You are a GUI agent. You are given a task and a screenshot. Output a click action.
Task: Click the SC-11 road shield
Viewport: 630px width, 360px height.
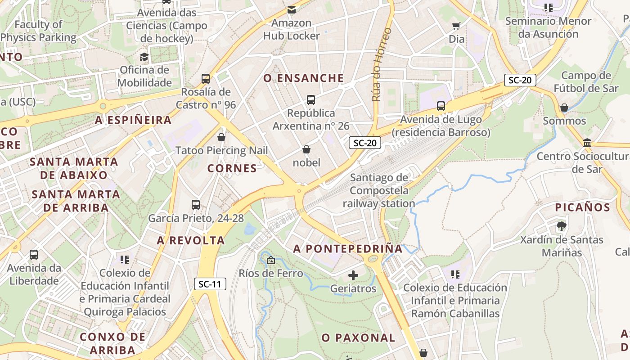click(x=210, y=284)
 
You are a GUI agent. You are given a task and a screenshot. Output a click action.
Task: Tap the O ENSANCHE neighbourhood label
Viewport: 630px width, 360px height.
click(x=304, y=78)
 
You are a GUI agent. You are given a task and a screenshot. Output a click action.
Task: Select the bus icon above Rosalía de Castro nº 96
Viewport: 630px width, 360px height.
click(x=206, y=79)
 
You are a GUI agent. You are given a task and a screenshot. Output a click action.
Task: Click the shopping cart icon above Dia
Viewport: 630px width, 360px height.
click(x=456, y=26)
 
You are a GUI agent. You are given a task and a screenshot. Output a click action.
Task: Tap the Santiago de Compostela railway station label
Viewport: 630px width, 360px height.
click(x=379, y=190)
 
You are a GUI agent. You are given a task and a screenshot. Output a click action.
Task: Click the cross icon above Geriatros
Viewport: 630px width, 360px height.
click(x=353, y=275)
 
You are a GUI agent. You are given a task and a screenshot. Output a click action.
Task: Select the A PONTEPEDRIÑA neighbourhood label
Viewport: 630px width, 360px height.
click(x=348, y=249)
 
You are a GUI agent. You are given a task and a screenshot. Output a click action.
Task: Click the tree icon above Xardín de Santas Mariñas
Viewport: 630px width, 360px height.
click(x=561, y=226)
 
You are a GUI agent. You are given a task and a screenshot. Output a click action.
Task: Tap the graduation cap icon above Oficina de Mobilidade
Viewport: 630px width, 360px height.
click(x=144, y=57)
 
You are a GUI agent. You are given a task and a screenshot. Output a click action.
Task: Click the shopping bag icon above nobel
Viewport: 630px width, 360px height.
click(x=306, y=149)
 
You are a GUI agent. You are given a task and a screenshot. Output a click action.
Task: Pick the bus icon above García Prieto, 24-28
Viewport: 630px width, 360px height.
click(x=196, y=205)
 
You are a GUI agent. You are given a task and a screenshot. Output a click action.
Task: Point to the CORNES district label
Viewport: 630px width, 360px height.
click(x=232, y=169)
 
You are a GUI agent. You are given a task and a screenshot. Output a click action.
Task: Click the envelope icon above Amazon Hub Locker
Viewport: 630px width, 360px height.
click(x=292, y=9)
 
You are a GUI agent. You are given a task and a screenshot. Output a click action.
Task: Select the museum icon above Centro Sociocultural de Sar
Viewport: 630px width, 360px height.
click(x=587, y=143)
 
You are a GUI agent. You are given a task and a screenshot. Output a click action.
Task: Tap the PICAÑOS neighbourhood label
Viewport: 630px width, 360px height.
click(x=582, y=207)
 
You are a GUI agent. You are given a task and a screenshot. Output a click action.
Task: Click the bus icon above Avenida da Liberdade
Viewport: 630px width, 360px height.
click(x=34, y=255)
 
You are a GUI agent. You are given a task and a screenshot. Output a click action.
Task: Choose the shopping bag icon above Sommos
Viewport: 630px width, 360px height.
click(x=564, y=108)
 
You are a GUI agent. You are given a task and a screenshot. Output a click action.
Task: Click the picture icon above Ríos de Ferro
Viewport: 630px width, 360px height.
click(x=270, y=260)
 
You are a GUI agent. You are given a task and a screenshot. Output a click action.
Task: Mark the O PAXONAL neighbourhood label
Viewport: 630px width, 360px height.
click(x=358, y=337)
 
